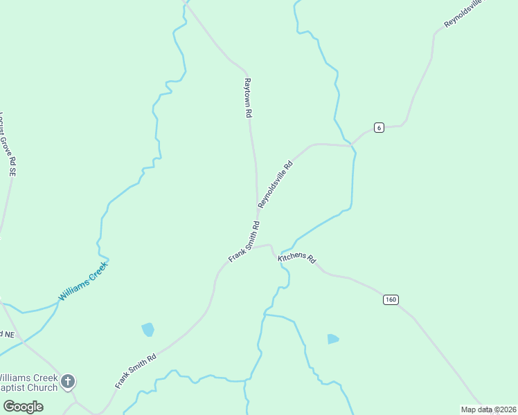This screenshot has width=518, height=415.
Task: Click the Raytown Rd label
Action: click(247, 98)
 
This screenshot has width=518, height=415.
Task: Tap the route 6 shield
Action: click(378, 127)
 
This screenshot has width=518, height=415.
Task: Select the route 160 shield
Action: click(391, 299)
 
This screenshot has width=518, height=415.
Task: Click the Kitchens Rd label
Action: click(297, 259)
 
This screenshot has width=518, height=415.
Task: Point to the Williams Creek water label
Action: click(83, 281)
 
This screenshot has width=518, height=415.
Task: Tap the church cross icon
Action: click(68, 380)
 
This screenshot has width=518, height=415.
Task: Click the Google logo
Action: click(23, 406)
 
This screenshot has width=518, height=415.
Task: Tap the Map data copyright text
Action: click(488, 409)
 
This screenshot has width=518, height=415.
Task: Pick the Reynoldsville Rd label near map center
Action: click(276, 185)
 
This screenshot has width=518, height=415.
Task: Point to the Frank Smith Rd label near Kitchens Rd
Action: click(244, 242)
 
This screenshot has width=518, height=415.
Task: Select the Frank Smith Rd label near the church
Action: click(136, 371)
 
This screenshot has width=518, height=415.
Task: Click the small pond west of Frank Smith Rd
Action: click(148, 329)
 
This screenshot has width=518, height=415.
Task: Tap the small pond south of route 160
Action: click(333, 339)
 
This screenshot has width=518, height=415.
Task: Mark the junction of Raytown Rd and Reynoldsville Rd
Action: click(258, 207)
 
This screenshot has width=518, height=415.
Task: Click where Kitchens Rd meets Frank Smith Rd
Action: click(271, 248)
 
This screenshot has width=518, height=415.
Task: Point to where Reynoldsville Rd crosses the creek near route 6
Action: click(352, 145)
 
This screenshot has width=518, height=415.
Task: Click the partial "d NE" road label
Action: click(7, 335)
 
